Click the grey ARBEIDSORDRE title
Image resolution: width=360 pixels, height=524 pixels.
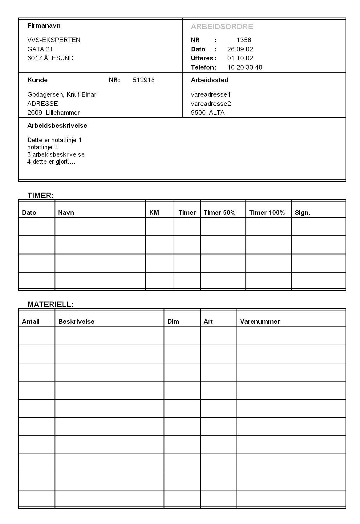pos(222,27)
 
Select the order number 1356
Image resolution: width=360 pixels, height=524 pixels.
pos(244,40)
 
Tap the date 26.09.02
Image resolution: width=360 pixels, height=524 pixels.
pos(240,49)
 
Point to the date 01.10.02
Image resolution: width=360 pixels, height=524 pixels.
pos(240,58)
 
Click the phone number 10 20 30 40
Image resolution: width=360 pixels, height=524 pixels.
pos(245,67)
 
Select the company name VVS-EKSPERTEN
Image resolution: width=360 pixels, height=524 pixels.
pos(54,40)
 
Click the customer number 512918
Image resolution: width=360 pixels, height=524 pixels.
pos(144,80)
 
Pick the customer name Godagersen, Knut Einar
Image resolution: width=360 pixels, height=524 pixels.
pos(62,94)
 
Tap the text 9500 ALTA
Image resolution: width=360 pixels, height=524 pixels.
pos(208,113)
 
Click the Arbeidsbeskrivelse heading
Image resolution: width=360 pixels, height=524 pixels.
pos(57,126)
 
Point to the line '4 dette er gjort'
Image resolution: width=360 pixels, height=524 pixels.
pos(51,162)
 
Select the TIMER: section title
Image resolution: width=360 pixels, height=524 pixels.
pos(40,195)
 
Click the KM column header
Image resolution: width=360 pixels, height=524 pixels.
pos(154,213)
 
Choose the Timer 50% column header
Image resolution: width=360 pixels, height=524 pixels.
pos(219,213)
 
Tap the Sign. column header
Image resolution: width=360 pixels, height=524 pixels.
pos(302,213)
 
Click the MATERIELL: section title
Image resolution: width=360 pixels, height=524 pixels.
pos(50,304)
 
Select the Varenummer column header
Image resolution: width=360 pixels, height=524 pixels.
pos(260,322)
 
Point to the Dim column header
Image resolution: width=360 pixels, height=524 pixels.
pos(173,322)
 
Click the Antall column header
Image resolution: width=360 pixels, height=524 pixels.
pos(31,322)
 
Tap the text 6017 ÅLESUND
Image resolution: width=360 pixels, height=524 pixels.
pos(50,58)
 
